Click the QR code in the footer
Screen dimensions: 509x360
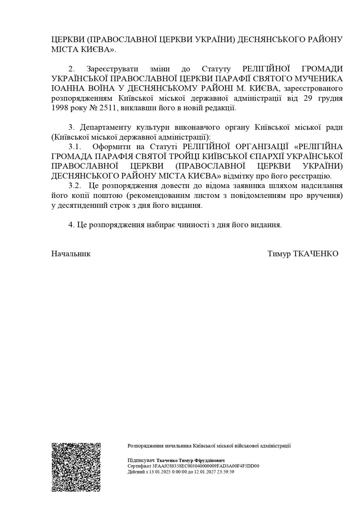click(76, 467)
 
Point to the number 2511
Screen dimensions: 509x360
click(109, 108)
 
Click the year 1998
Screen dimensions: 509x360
click(61, 108)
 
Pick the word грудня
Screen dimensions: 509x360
click(330, 98)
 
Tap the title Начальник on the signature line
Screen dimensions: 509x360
click(71, 254)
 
